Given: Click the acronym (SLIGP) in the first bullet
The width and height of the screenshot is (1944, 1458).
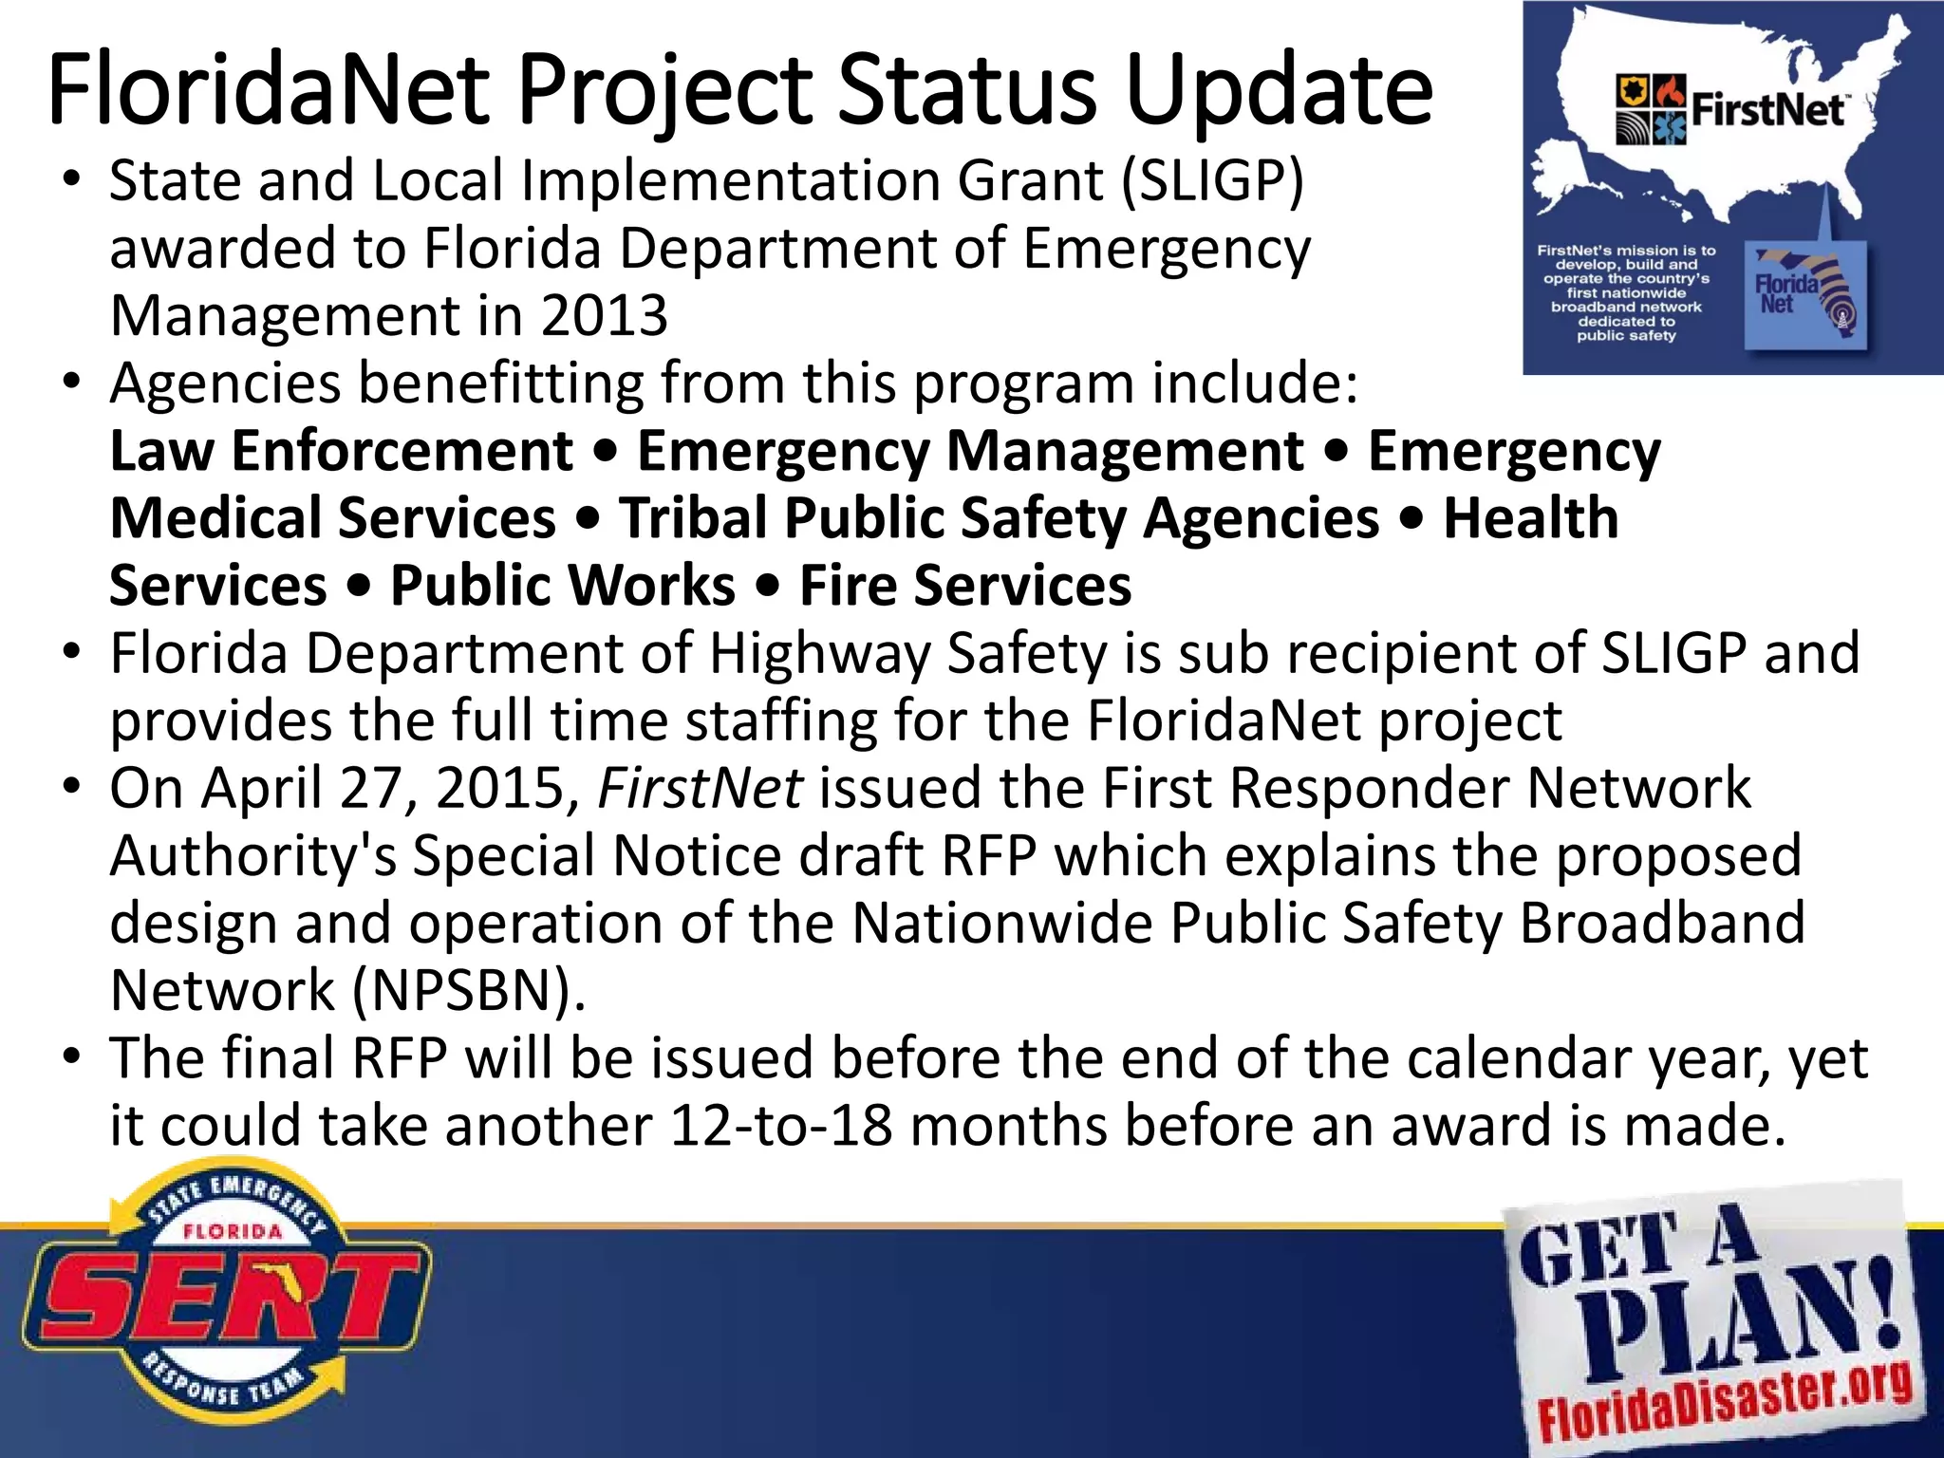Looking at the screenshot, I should tap(1212, 180).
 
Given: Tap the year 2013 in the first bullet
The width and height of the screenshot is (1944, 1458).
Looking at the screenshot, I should tap(605, 316).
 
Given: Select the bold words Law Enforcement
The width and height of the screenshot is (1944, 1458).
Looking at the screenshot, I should tap(342, 451).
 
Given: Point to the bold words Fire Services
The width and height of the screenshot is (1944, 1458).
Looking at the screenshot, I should tap(965, 586).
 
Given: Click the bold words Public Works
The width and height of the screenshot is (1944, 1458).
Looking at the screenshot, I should tap(563, 586).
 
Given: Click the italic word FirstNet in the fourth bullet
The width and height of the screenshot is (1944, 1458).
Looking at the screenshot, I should tap(700, 789).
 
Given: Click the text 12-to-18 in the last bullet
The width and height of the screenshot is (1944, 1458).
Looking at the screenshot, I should tap(780, 1127).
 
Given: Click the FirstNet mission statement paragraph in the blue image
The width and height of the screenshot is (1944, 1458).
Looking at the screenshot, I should tap(1626, 292).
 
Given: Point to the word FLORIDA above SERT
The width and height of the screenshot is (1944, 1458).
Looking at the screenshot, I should tap(233, 1231).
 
